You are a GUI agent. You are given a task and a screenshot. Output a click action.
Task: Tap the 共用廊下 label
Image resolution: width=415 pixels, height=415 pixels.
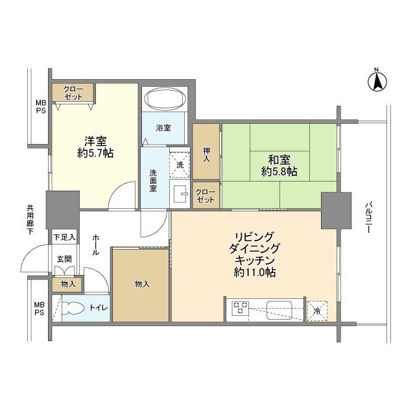(30, 220)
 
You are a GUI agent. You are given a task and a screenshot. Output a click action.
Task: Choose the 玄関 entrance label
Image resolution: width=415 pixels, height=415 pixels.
(64, 259)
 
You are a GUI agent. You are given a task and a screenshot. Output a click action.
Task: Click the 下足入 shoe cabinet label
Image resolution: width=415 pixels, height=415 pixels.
(64, 238)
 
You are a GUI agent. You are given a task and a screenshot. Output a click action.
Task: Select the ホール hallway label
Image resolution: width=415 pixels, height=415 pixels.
(95, 244)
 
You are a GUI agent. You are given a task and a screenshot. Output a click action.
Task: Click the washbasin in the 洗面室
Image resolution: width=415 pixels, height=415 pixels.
(180, 194)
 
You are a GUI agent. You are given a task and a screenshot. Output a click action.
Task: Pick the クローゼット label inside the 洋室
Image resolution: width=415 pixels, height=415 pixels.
(73, 93)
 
